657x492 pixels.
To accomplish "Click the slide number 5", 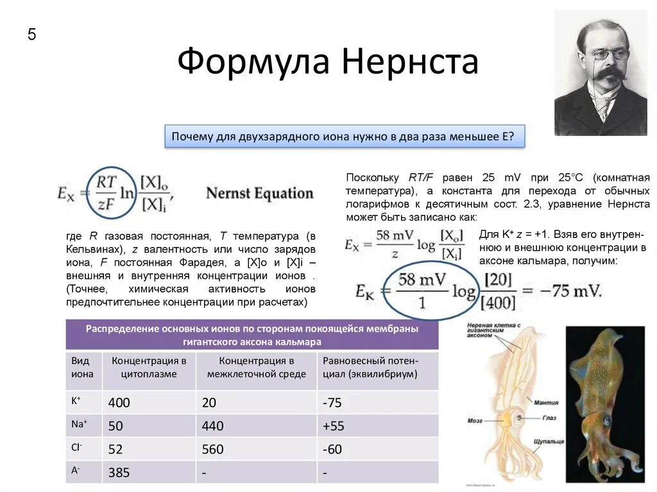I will (x=31, y=35).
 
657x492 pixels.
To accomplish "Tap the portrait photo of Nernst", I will (x=600, y=73).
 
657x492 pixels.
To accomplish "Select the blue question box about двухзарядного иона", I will (x=345, y=137).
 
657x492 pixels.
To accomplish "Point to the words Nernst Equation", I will (x=260, y=193).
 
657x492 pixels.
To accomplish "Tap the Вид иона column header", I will (x=83, y=368).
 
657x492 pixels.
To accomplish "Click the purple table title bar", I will (x=252, y=335).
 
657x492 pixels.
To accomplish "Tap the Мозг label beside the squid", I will (x=475, y=421).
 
